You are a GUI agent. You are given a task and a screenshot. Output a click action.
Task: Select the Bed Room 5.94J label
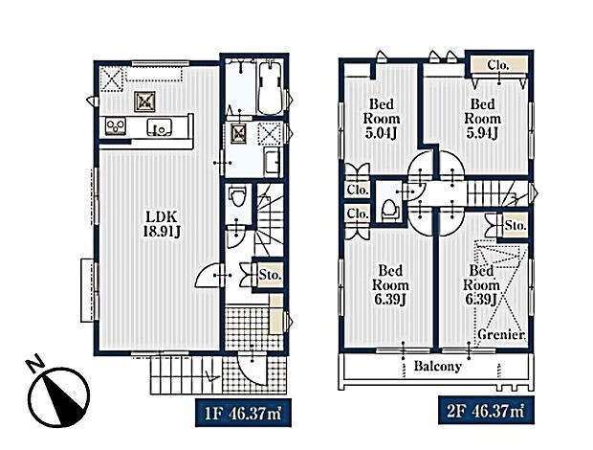480,121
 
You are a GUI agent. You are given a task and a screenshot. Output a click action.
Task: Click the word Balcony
438,367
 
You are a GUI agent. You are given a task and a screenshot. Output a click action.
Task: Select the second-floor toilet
388,209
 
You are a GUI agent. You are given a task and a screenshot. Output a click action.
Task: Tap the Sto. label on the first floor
271,276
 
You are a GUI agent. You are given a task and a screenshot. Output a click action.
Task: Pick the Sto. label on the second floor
515,227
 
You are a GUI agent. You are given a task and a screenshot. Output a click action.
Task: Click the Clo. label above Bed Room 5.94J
497,65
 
